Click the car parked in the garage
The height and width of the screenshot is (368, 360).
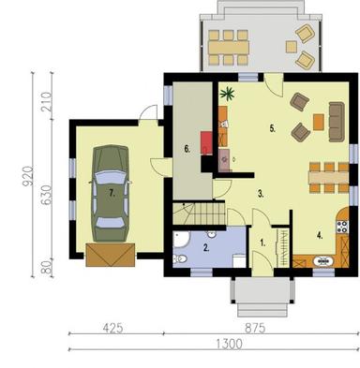point(110,192)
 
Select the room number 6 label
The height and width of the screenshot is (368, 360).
point(187,148)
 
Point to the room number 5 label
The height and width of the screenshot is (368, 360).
point(272,129)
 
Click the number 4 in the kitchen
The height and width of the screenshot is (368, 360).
point(320,235)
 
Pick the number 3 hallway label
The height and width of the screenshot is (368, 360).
point(261,193)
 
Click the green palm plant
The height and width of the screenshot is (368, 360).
point(226,93)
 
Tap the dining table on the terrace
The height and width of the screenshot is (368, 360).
point(228,42)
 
